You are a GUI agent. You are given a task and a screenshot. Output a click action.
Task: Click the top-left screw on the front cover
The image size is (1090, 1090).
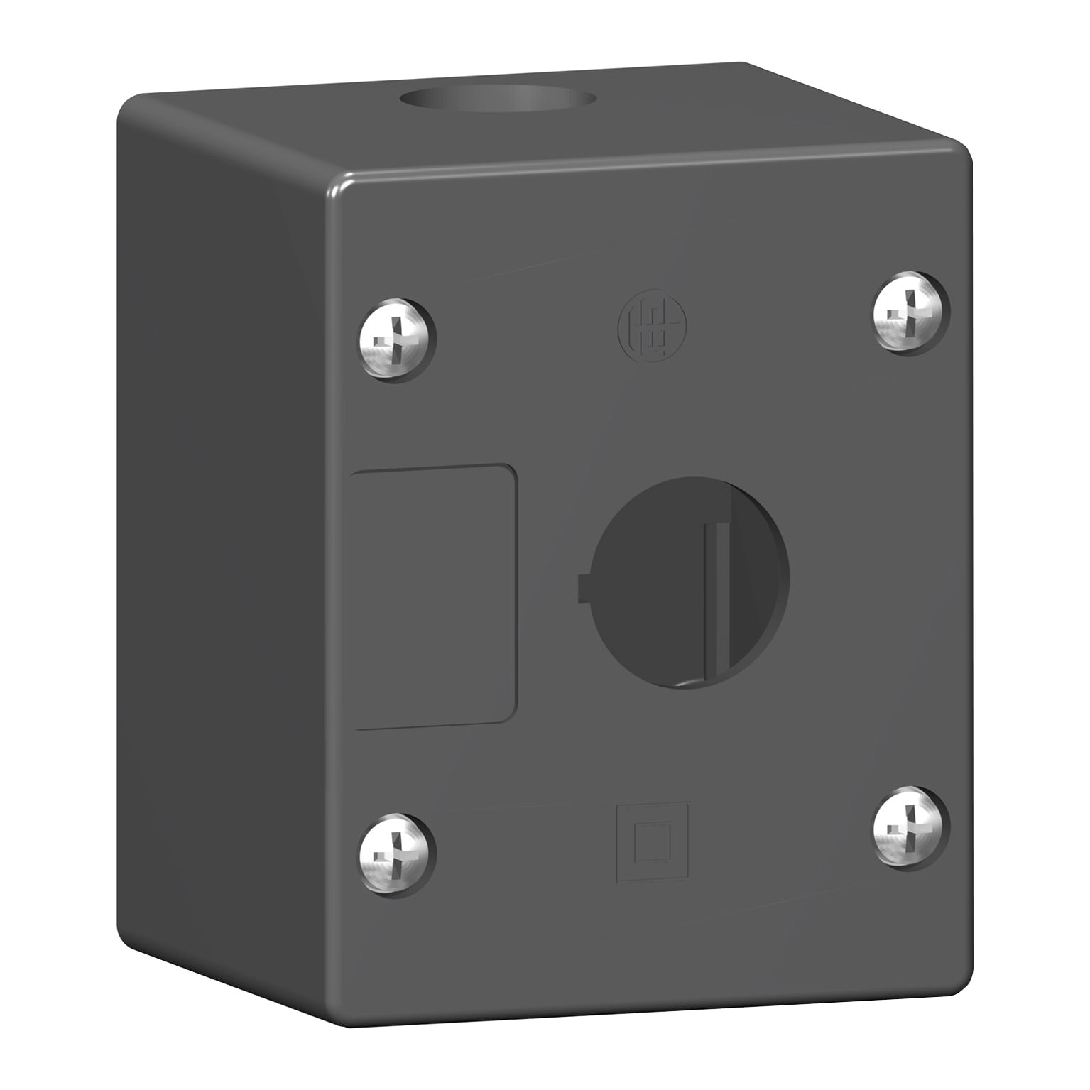click(397, 339)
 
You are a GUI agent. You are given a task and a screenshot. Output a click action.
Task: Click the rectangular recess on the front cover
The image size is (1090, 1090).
click(433, 596)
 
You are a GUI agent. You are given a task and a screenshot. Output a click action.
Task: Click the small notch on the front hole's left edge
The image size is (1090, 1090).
click(583, 587)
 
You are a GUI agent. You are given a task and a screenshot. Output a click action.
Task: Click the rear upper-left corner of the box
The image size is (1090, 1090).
click(128, 107)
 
